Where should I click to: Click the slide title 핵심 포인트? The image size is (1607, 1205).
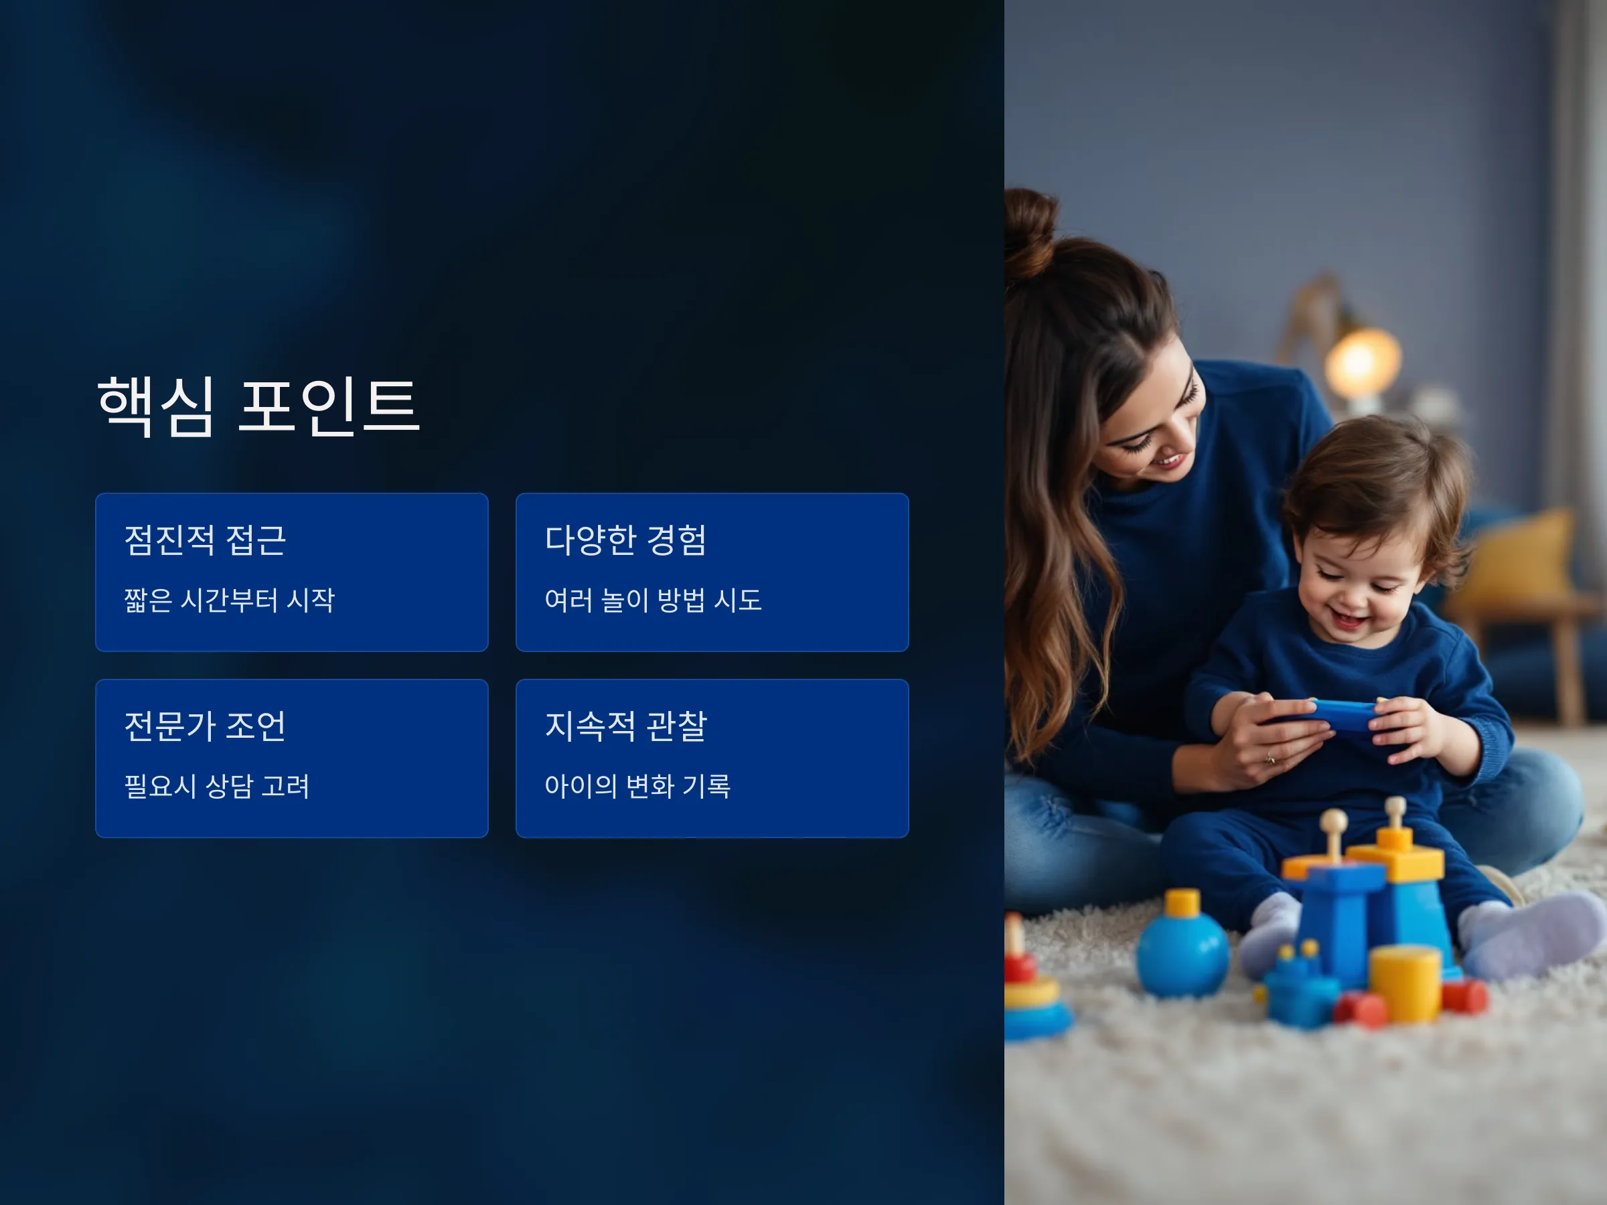pos(258,406)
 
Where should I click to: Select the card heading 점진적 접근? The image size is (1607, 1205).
pos(206,540)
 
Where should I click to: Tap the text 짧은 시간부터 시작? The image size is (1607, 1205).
pos(230,600)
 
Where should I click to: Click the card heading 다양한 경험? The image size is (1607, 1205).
pos(625,540)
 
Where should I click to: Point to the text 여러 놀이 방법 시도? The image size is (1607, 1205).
pos(653,600)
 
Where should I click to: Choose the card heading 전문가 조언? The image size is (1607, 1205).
pos(206,726)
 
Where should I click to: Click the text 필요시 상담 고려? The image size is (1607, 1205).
pos(217,786)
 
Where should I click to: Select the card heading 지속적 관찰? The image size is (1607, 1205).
pos(625,726)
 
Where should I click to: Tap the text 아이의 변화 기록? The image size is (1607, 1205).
pos(638,786)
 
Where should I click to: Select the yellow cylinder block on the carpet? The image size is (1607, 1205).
pos(1405,983)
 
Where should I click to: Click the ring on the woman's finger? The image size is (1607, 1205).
pos(1270,759)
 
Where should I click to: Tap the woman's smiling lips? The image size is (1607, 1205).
pos(1170,461)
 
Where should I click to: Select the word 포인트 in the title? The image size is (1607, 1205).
pos(329,406)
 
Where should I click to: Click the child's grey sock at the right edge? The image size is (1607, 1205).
pos(1533,937)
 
